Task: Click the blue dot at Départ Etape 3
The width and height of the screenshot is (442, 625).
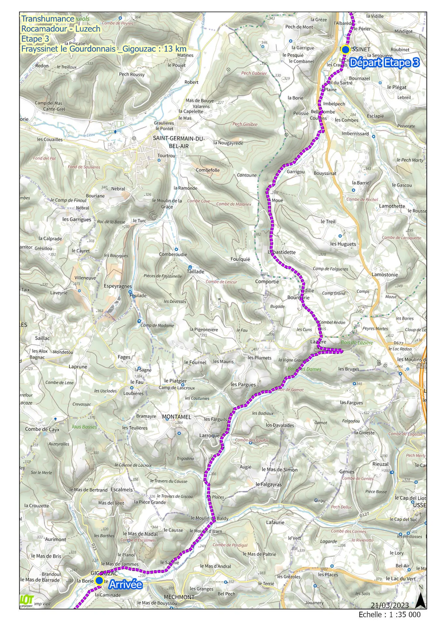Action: point(345,49)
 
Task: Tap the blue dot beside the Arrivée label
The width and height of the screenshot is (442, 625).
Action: point(99,580)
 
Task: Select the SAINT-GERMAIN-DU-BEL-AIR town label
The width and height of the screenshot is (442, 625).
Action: point(178,142)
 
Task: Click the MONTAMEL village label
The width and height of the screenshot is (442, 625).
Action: point(176,417)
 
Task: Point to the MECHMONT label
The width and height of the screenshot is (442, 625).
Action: point(179,597)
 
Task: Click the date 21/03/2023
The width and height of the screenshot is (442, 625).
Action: point(390,605)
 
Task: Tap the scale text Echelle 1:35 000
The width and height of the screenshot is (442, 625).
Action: point(389,615)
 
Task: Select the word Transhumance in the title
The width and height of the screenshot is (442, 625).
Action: point(48,19)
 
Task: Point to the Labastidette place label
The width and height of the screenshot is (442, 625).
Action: point(282,252)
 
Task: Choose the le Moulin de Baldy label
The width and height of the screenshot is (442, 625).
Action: point(209,518)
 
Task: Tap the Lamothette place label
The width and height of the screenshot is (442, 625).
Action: point(392,206)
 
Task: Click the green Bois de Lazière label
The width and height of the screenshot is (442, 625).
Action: point(357,342)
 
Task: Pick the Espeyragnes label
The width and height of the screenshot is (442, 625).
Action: point(118,286)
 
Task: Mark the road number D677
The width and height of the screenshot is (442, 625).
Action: point(398,343)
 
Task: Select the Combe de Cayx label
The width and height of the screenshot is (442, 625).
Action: point(42,429)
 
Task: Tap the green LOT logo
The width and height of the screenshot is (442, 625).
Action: point(27,600)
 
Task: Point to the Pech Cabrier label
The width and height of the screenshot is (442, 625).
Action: point(254,73)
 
